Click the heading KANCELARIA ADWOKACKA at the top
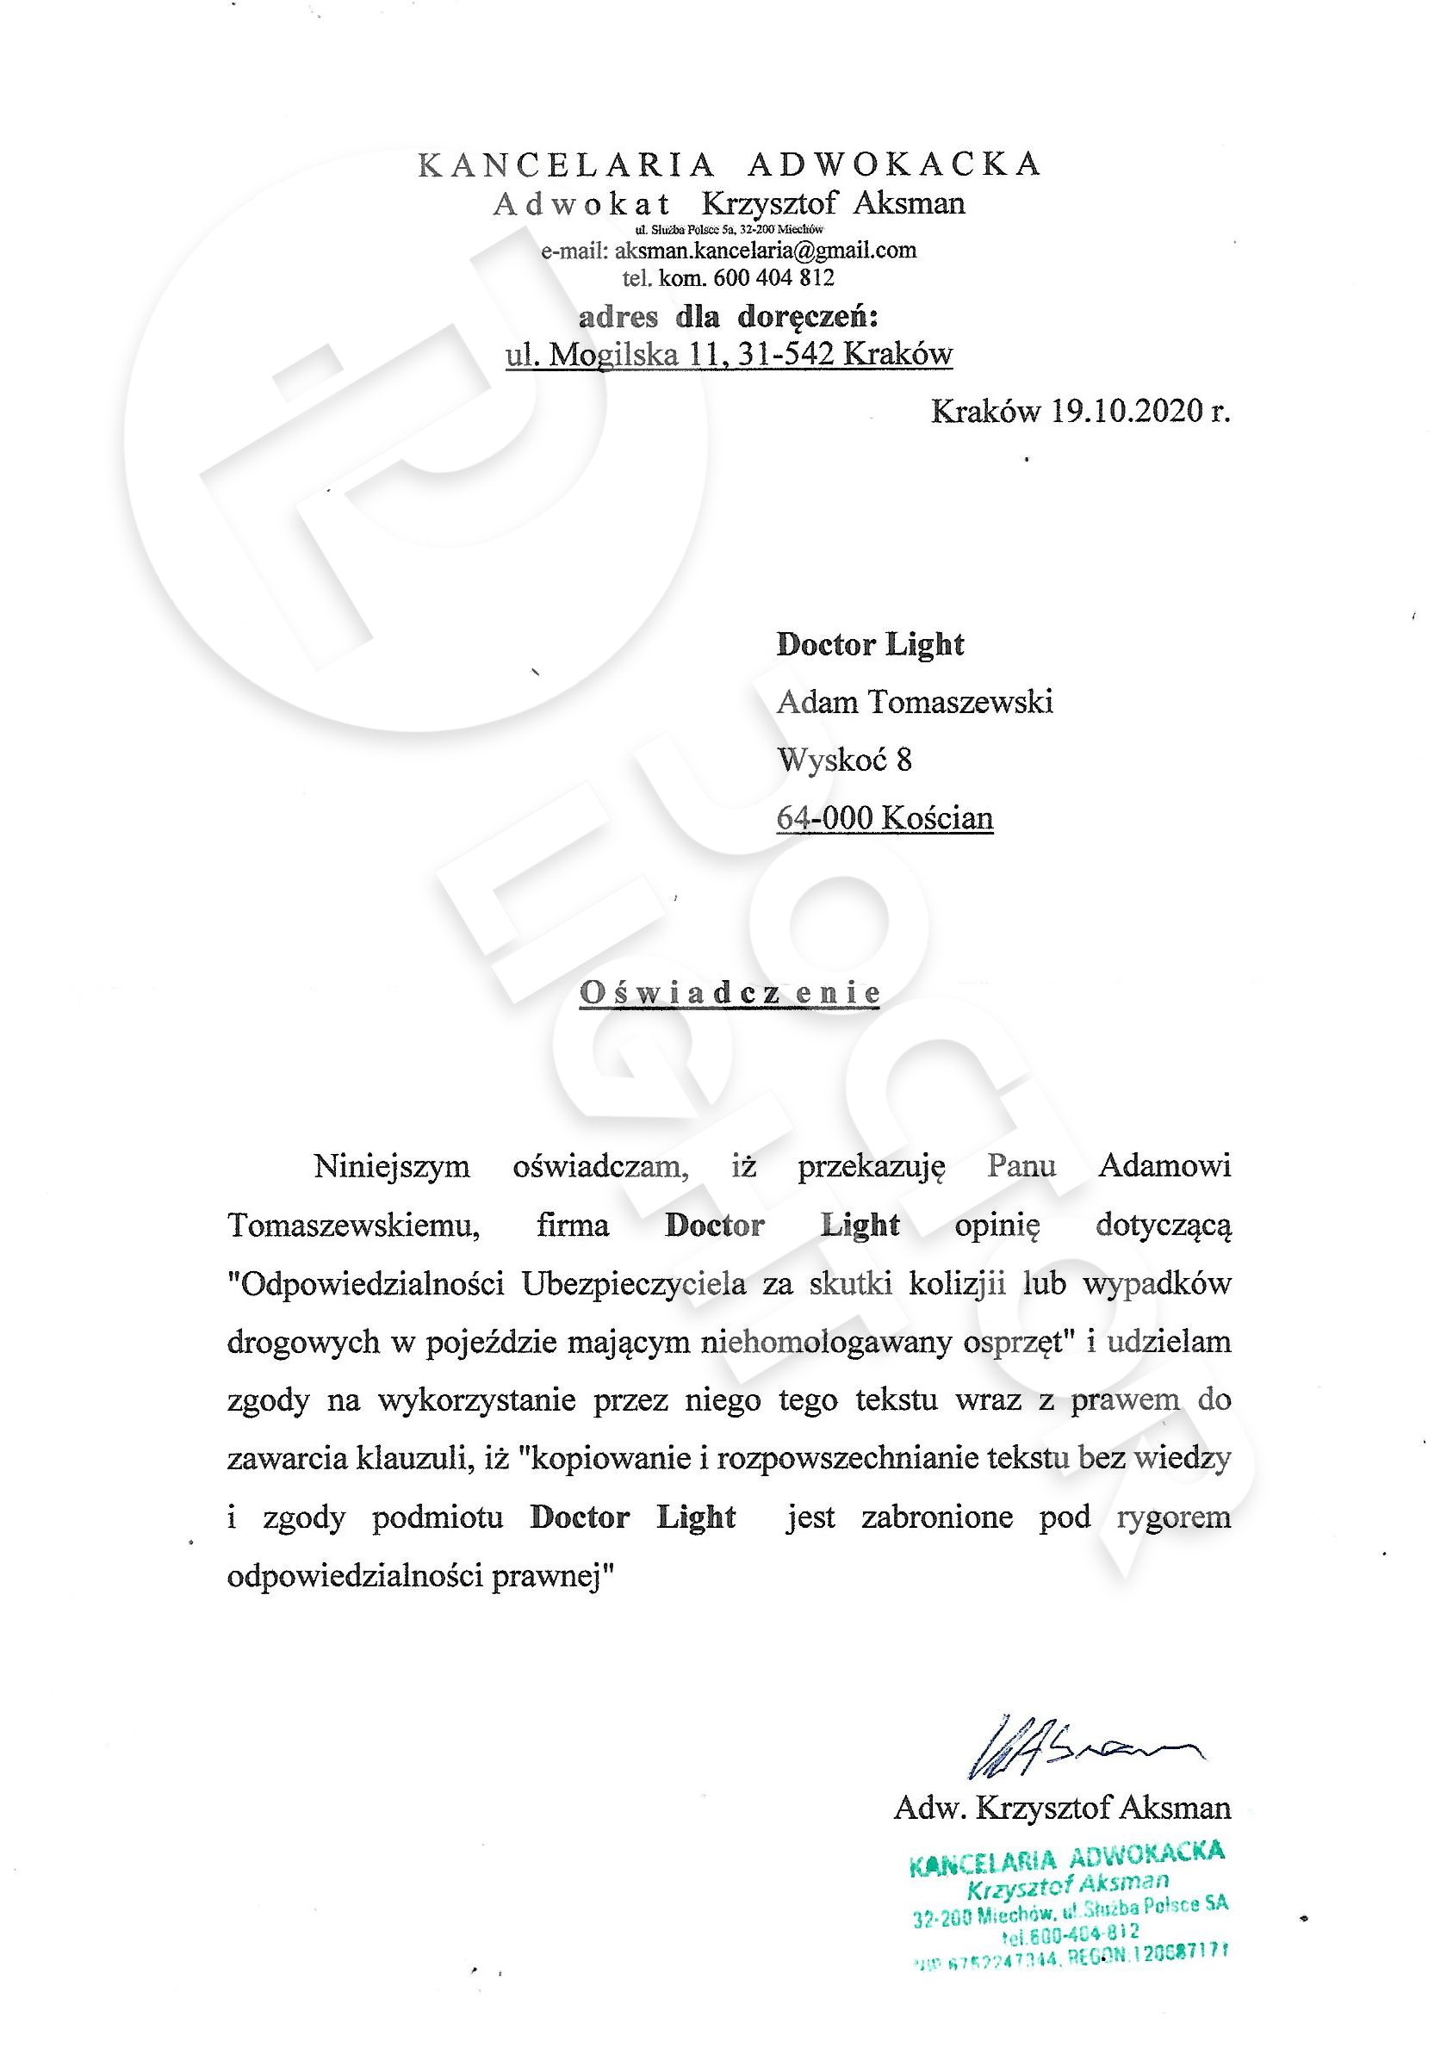click(730, 164)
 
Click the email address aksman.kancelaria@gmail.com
click(765, 251)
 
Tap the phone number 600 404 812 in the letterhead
click(774, 277)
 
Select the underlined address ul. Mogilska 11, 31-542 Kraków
click(729, 355)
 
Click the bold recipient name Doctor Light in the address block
click(870, 645)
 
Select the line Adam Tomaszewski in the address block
click(915, 702)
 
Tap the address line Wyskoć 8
click(844, 760)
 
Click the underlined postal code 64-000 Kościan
click(884, 817)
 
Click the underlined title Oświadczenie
click(730, 992)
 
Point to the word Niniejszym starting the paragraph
click(392, 1167)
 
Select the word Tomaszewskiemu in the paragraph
click(353, 1225)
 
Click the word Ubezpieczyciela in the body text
click(633, 1284)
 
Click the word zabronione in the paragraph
click(936, 1517)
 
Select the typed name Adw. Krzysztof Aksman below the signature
click(1062, 1808)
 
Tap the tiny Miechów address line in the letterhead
click(729, 229)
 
